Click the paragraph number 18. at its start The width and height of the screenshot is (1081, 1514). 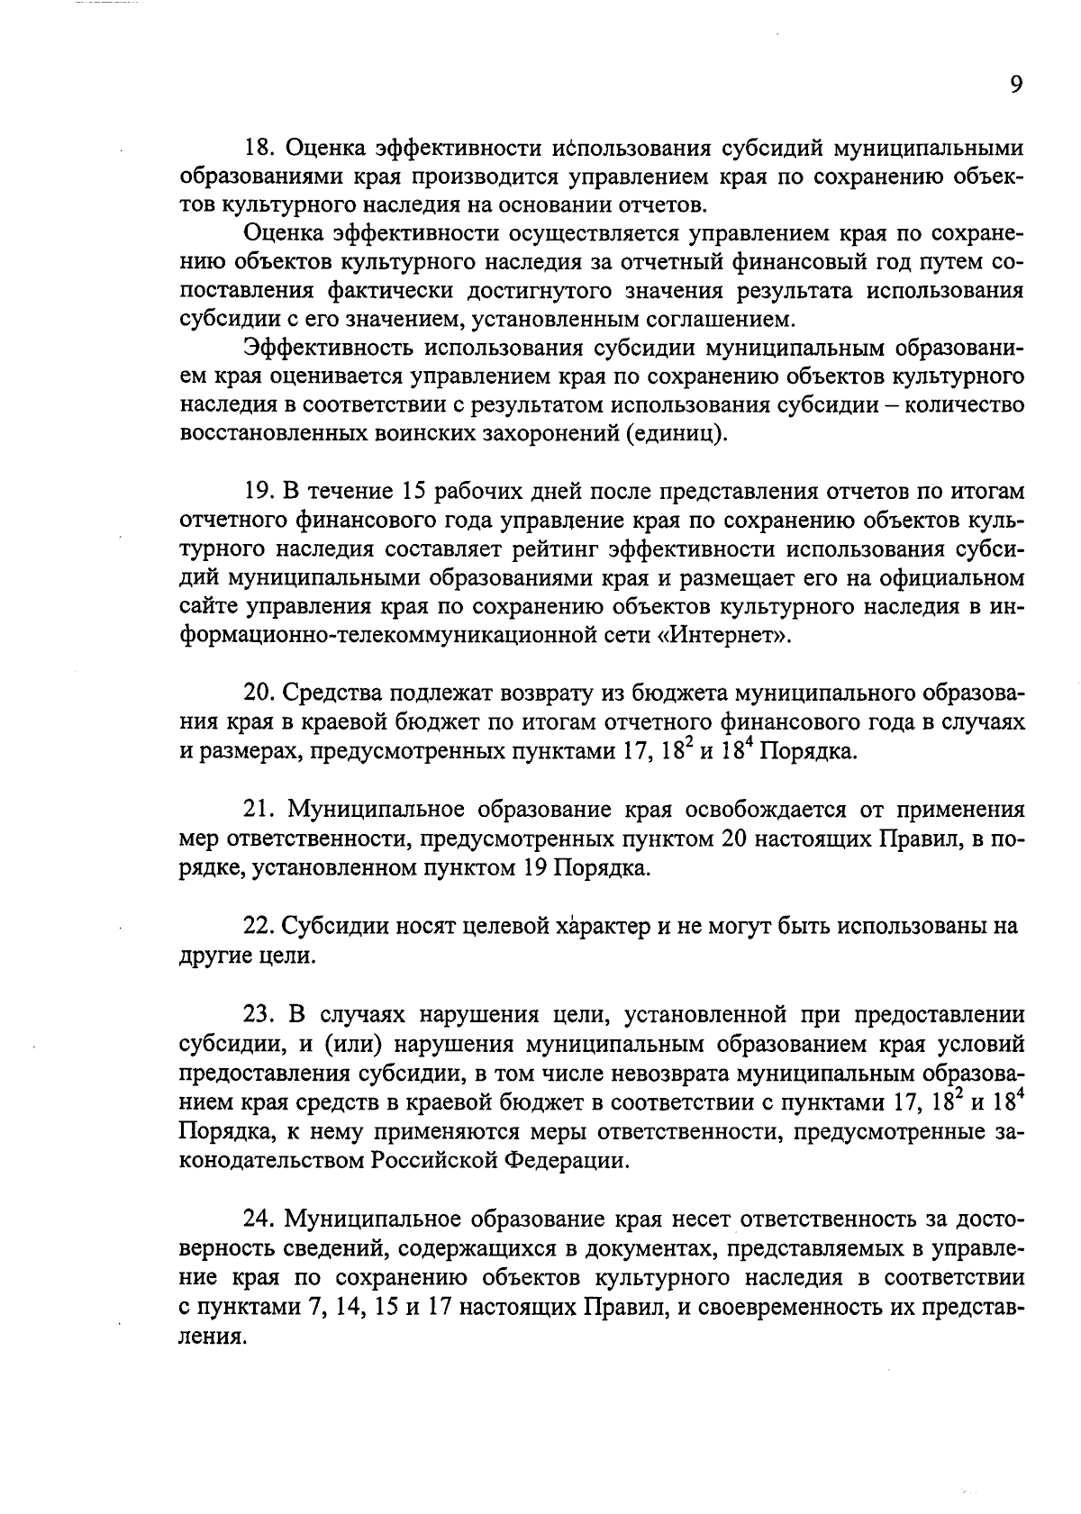click(261, 148)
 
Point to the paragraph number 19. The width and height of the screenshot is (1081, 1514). click(260, 491)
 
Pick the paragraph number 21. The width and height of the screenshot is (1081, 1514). click(260, 809)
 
